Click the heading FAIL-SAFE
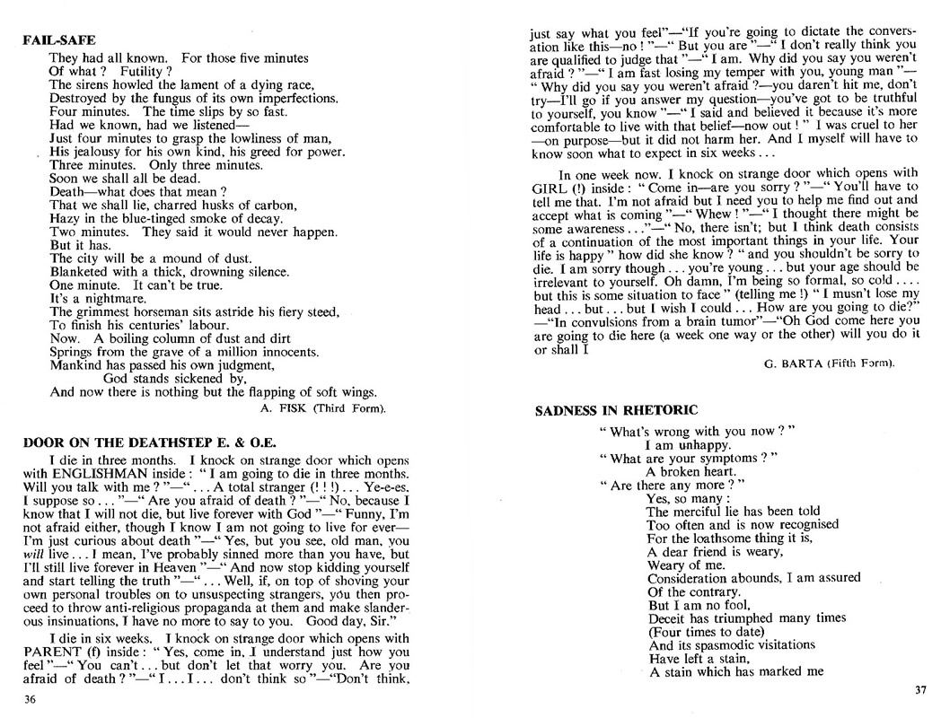pyautogui.click(x=58, y=39)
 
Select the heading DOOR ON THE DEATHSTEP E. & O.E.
pyautogui.click(x=149, y=442)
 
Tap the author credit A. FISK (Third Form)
pyautogui.click(x=321, y=408)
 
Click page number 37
pyautogui.click(x=919, y=689)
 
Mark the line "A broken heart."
pyautogui.click(x=690, y=472)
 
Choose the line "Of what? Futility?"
pyautogui.click(x=105, y=70)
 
